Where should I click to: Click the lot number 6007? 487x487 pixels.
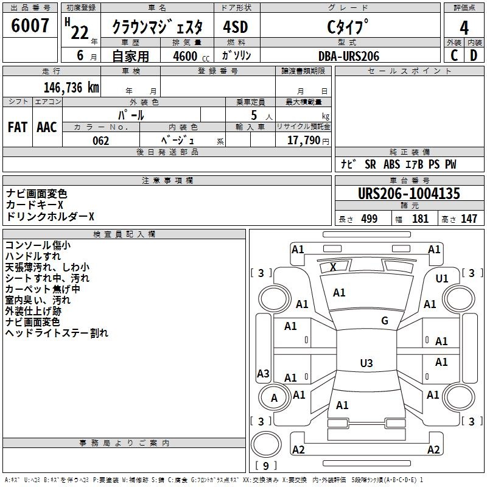[x=30, y=26]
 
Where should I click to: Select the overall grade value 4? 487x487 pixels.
[x=464, y=28]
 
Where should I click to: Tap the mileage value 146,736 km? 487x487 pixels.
[x=71, y=88]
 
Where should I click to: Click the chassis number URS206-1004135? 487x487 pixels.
[x=408, y=194]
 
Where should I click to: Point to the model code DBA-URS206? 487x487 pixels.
[x=349, y=56]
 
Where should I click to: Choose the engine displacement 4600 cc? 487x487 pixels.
[x=191, y=56]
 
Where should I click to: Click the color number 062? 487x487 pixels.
[x=101, y=141]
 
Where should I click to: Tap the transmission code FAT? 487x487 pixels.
[x=18, y=127]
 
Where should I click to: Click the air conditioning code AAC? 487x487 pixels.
[x=47, y=127]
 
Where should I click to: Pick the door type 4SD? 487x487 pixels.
[x=236, y=27]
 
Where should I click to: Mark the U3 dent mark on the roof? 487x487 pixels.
[x=366, y=363]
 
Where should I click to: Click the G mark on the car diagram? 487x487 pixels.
[x=385, y=321]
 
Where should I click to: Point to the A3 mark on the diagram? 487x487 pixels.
[x=263, y=373]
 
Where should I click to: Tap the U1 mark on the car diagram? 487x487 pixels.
[x=442, y=279]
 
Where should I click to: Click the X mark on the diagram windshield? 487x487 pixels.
[x=333, y=267]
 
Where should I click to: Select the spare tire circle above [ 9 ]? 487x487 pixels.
[x=266, y=444]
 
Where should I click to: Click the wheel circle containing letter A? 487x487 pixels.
[x=274, y=398]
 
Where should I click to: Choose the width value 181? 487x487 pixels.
[x=420, y=219]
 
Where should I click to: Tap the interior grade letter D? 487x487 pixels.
[x=474, y=55]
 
